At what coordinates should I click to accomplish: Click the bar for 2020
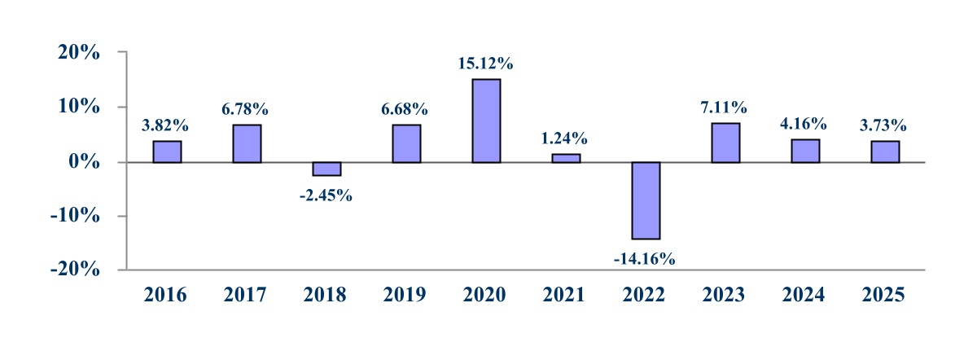click(x=486, y=121)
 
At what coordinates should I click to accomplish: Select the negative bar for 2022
click(x=646, y=200)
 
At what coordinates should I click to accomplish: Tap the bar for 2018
click(x=326, y=169)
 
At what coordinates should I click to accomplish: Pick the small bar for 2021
click(x=566, y=158)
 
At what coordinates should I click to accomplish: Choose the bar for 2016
click(x=167, y=151)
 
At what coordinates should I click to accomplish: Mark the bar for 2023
click(x=725, y=143)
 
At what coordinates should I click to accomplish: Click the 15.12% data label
click(x=485, y=64)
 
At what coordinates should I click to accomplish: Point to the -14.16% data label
click(x=644, y=259)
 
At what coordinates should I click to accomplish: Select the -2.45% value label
click(x=326, y=195)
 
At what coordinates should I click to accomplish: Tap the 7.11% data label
click(x=724, y=108)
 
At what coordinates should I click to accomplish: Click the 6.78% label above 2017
click(x=245, y=109)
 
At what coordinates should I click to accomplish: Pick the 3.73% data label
click(x=883, y=125)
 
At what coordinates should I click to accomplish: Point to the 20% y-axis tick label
click(x=79, y=52)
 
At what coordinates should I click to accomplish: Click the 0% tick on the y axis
click(x=84, y=162)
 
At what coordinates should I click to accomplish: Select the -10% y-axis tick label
click(x=75, y=216)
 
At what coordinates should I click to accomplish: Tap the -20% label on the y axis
click(x=75, y=270)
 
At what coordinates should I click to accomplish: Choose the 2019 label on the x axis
click(x=405, y=295)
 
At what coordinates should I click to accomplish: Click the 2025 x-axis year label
click(x=883, y=295)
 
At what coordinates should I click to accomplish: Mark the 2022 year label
click(x=644, y=295)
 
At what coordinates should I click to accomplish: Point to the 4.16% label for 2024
click(x=803, y=124)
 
